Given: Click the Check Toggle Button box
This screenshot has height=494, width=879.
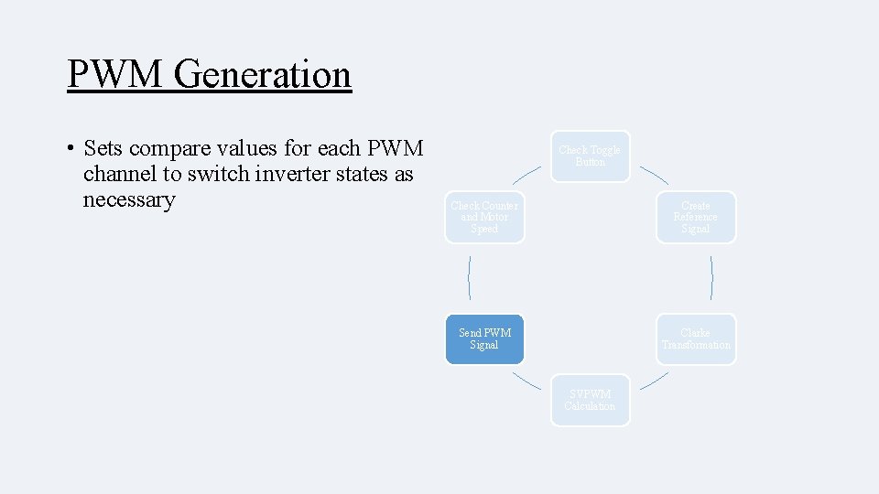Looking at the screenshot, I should pos(590,156).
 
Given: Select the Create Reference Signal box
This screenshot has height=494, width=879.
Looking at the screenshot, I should pos(695,217).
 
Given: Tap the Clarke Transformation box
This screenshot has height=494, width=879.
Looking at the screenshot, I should pos(695,338).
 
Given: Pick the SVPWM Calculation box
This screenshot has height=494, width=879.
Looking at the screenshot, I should pos(590,400).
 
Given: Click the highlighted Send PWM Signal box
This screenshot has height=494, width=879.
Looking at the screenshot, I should pos(484,338).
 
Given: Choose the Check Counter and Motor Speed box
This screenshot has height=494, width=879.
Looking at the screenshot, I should pos(484,217).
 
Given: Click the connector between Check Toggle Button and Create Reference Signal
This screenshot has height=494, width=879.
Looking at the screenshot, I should pos(654,175).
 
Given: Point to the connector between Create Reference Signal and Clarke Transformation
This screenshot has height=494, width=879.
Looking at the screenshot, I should pos(711,278).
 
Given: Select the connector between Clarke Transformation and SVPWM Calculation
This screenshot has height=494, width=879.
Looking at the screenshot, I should pos(654,381).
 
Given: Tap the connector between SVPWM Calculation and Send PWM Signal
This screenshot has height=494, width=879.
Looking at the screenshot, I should pos(526,381).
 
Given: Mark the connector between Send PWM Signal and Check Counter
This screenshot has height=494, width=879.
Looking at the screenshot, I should pos(469,278).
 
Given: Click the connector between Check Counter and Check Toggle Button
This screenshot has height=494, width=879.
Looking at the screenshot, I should pos(526,175).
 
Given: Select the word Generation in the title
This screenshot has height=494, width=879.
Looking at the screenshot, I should pos(262,74).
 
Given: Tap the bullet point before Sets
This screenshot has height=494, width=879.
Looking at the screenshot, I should pos(70,148).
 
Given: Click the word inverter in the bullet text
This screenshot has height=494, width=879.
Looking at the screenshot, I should pos(280,174).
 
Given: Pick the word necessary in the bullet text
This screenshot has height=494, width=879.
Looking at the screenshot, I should pos(128,199).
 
